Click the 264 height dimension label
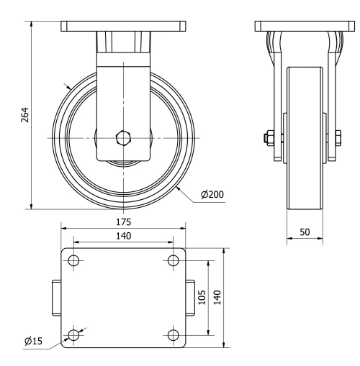[x=23, y=115]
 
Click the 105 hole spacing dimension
[x=202, y=296]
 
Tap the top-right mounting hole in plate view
[x=173, y=260]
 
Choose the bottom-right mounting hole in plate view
[x=173, y=334]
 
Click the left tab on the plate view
[x=56, y=297]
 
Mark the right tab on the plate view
[x=192, y=297]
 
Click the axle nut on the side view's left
[x=269, y=137]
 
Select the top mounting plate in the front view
[x=124, y=26]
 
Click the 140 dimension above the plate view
[x=124, y=236]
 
